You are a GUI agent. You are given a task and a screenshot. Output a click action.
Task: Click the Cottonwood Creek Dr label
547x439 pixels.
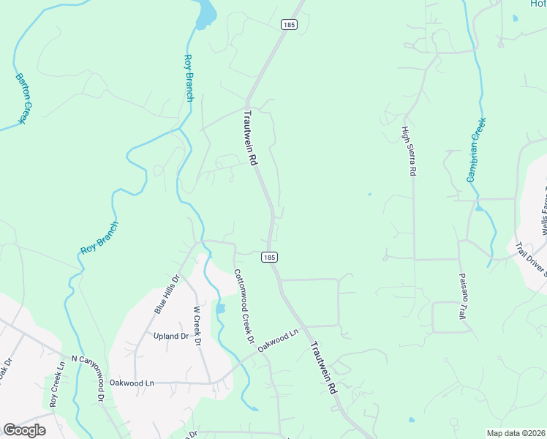click(244, 307)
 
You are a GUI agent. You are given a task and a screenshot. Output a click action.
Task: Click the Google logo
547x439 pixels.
click(24, 430)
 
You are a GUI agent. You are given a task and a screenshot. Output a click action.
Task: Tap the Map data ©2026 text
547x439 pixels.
click(515, 433)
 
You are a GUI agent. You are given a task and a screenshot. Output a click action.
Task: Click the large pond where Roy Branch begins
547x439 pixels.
click(207, 12)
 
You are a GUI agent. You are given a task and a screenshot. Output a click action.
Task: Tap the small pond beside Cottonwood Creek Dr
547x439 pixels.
click(220, 309)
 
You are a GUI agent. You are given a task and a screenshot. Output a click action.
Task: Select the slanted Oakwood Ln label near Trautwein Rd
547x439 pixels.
click(279, 342)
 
